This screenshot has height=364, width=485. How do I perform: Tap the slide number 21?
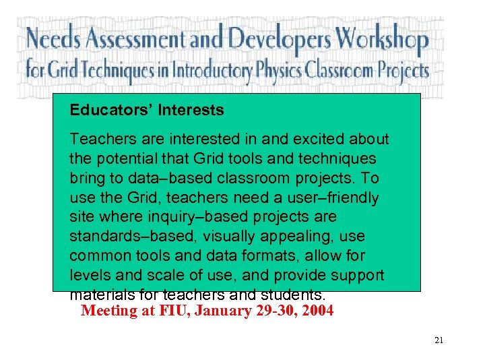coord(439,340)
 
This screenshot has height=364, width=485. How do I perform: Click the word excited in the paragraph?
coord(320,140)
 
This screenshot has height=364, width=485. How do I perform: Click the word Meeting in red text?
coord(106,311)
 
